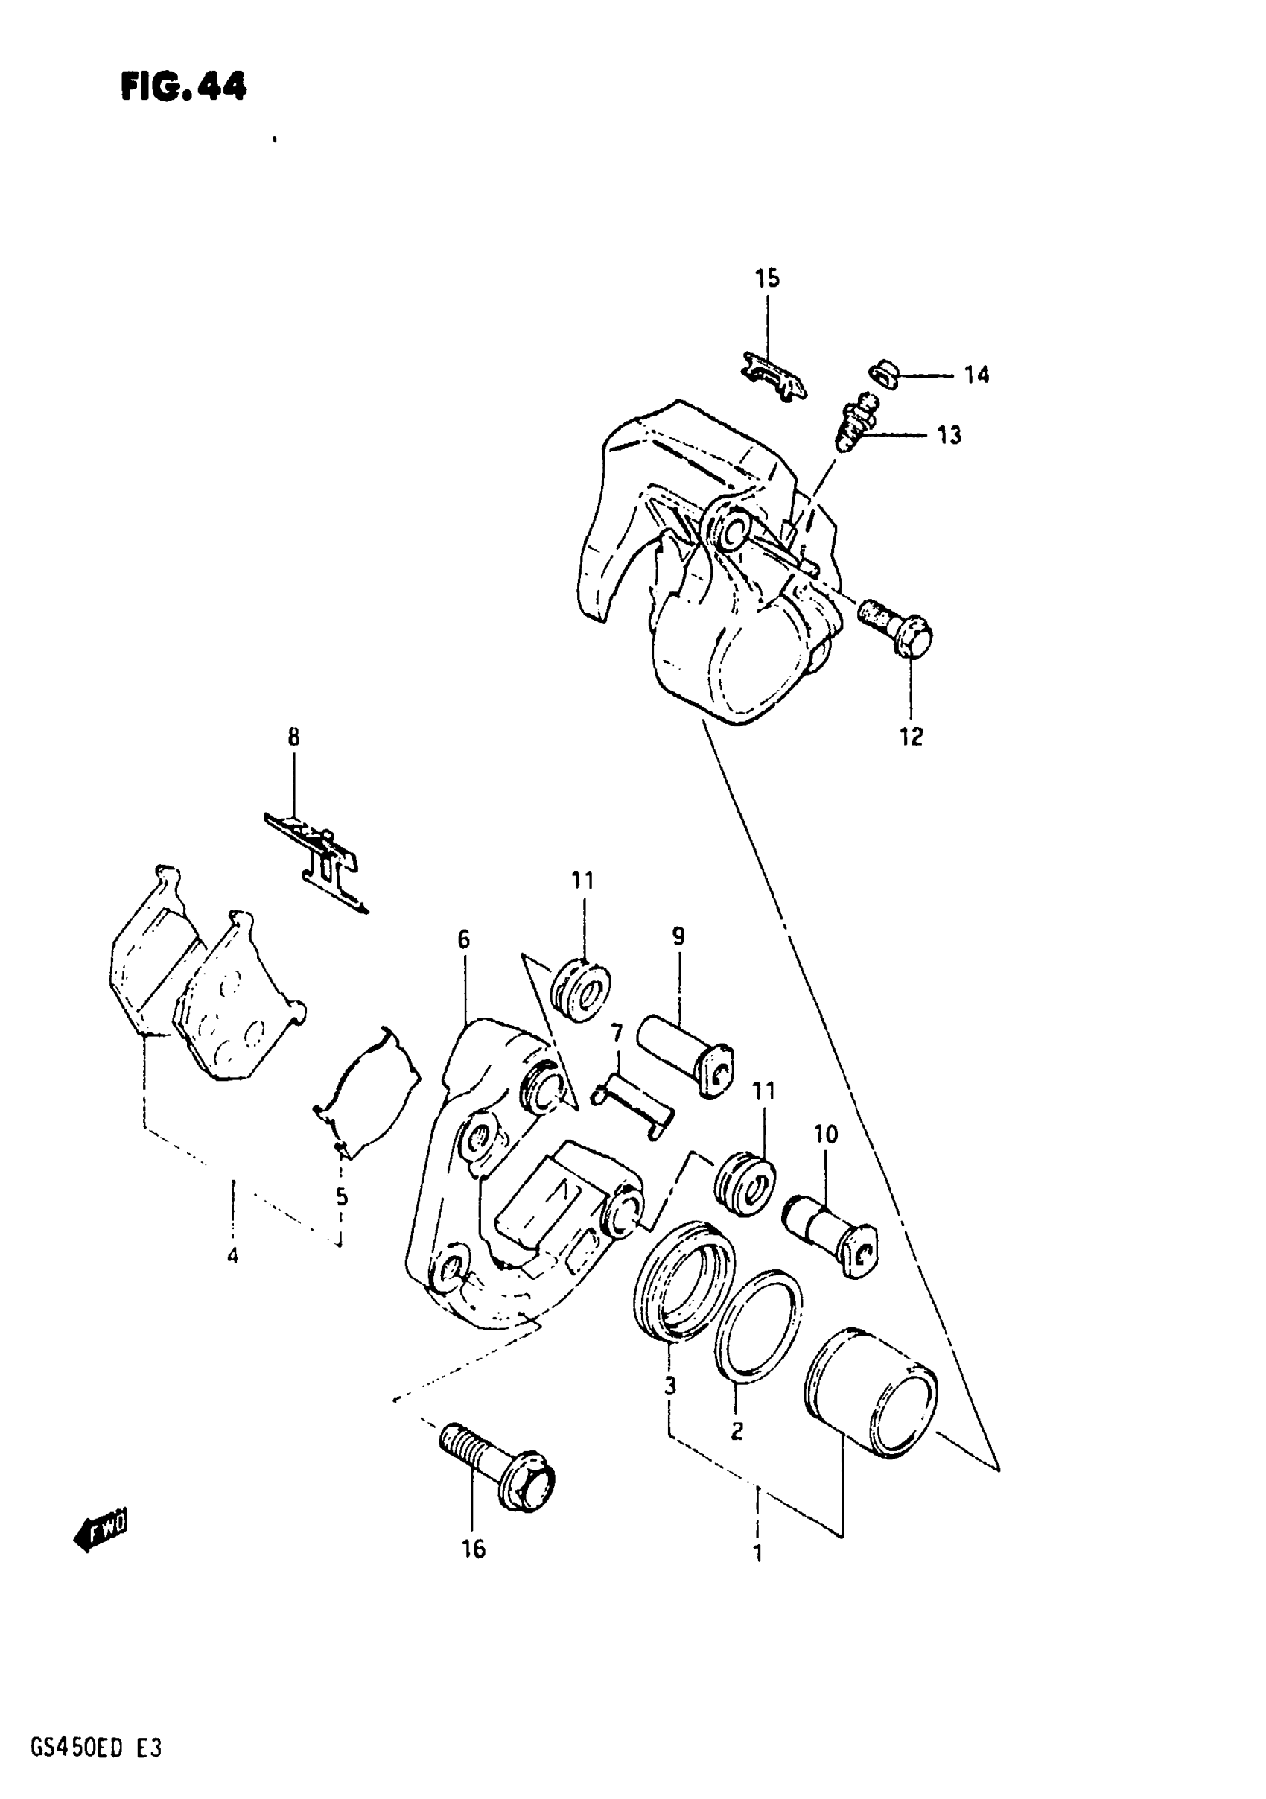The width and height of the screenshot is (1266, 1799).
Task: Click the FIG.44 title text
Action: [x=183, y=87]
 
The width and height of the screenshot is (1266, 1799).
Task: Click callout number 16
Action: [x=473, y=1548]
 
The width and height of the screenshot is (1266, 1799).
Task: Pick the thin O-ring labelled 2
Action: [x=757, y=1324]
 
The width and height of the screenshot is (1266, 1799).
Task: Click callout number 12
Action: [x=911, y=737]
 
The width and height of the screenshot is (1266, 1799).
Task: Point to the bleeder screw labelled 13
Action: [x=856, y=423]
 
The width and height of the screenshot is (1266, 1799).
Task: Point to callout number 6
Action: [x=464, y=939]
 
